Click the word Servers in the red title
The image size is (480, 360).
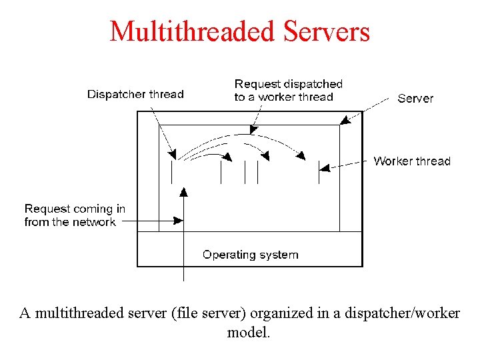point(327,31)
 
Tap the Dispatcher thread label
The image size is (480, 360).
point(135,94)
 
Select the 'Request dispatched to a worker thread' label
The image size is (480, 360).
point(288,90)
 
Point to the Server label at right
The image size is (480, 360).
point(415,98)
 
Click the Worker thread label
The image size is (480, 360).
point(411,161)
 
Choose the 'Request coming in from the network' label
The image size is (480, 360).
point(74,215)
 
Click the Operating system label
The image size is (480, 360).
point(250,254)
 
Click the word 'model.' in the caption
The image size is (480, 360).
point(249,331)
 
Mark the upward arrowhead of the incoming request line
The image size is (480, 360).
point(183,193)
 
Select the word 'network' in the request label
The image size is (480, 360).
point(94,222)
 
